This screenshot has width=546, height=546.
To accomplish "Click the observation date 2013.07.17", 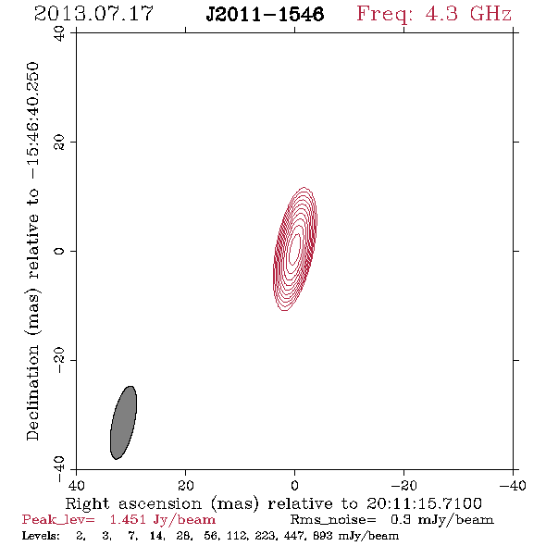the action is [93, 14].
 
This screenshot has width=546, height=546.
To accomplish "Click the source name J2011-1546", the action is [265, 14].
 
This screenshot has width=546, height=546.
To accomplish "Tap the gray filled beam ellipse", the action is [123, 422].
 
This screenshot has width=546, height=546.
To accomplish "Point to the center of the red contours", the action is [295, 249].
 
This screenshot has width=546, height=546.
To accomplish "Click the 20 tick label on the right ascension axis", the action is [186, 485].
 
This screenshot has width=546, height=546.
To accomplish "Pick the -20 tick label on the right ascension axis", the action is [403, 485].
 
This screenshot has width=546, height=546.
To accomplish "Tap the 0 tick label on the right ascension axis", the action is [295, 485].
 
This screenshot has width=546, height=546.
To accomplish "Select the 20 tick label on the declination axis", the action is [59, 143].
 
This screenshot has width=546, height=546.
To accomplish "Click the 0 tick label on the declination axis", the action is [59, 251].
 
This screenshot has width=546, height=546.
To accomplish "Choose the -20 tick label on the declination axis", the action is [59, 360].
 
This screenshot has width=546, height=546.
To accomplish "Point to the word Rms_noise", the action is [333, 520].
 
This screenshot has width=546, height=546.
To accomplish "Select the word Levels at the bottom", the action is [41, 535].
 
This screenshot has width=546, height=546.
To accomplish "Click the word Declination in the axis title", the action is [32, 392].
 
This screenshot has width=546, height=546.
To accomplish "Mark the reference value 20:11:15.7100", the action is [424, 503].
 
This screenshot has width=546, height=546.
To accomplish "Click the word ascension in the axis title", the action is [160, 503].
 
